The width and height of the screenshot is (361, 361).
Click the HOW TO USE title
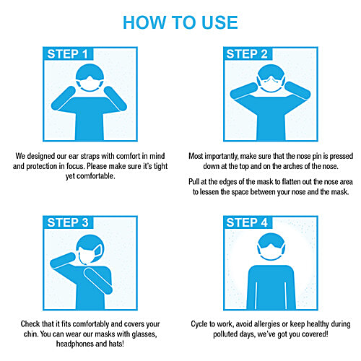[180, 22]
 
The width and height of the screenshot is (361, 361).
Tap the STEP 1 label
[67, 54]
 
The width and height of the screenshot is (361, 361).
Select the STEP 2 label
[247, 54]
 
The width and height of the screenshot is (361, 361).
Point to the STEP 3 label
[68, 222]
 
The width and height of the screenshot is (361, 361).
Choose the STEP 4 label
[247, 222]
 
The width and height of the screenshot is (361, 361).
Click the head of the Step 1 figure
[90, 77]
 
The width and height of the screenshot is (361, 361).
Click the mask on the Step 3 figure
[90, 254]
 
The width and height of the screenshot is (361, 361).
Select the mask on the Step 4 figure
[271, 252]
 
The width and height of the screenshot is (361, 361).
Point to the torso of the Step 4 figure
[271, 287]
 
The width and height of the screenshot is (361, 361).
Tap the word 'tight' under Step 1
[160, 166]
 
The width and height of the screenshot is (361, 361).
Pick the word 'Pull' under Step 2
[193, 181]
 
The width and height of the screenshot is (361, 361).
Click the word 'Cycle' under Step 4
[199, 324]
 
